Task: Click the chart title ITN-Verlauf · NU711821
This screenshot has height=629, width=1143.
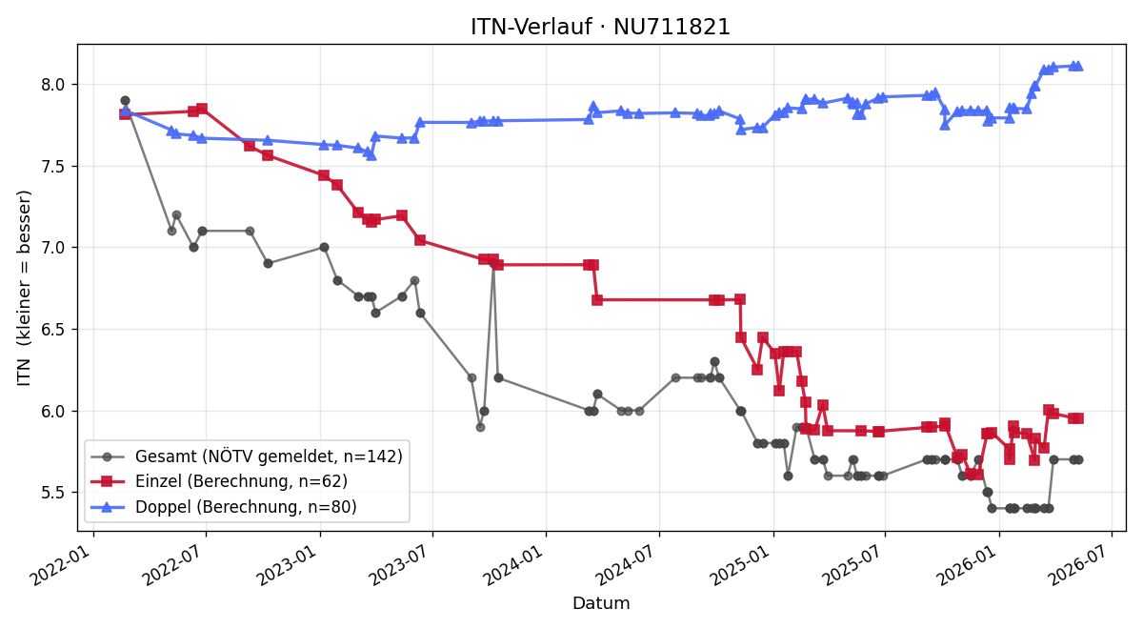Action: tap(600, 27)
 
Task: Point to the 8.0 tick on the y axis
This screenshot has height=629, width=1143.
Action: tap(53, 84)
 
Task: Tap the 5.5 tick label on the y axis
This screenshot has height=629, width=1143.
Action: tap(53, 493)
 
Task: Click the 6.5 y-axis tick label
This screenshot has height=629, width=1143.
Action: tap(53, 330)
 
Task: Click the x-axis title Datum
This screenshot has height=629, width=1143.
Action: tap(601, 603)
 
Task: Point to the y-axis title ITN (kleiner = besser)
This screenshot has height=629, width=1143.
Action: tap(24, 288)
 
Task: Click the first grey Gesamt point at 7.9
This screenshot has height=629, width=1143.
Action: tap(125, 101)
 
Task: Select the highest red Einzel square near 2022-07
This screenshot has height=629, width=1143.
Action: tap(202, 109)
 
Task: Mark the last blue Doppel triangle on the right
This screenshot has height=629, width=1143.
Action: tap(1078, 67)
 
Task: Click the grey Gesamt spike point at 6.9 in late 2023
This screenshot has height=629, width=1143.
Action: tap(493, 263)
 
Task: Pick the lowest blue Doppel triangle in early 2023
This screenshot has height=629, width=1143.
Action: tap(371, 155)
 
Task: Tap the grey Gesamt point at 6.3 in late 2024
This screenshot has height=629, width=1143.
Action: tap(715, 362)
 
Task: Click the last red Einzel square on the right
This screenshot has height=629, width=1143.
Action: tap(1078, 418)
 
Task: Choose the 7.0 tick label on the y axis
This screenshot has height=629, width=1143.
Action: tap(53, 248)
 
